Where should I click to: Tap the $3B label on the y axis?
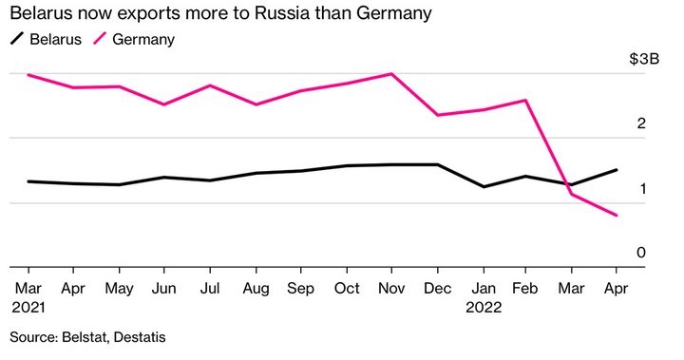(643, 59)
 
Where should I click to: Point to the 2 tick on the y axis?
(641, 123)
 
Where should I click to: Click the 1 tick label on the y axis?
(641, 189)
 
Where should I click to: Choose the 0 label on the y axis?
(641, 253)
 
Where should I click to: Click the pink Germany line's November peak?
(391, 73)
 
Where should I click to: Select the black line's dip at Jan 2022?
(483, 186)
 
